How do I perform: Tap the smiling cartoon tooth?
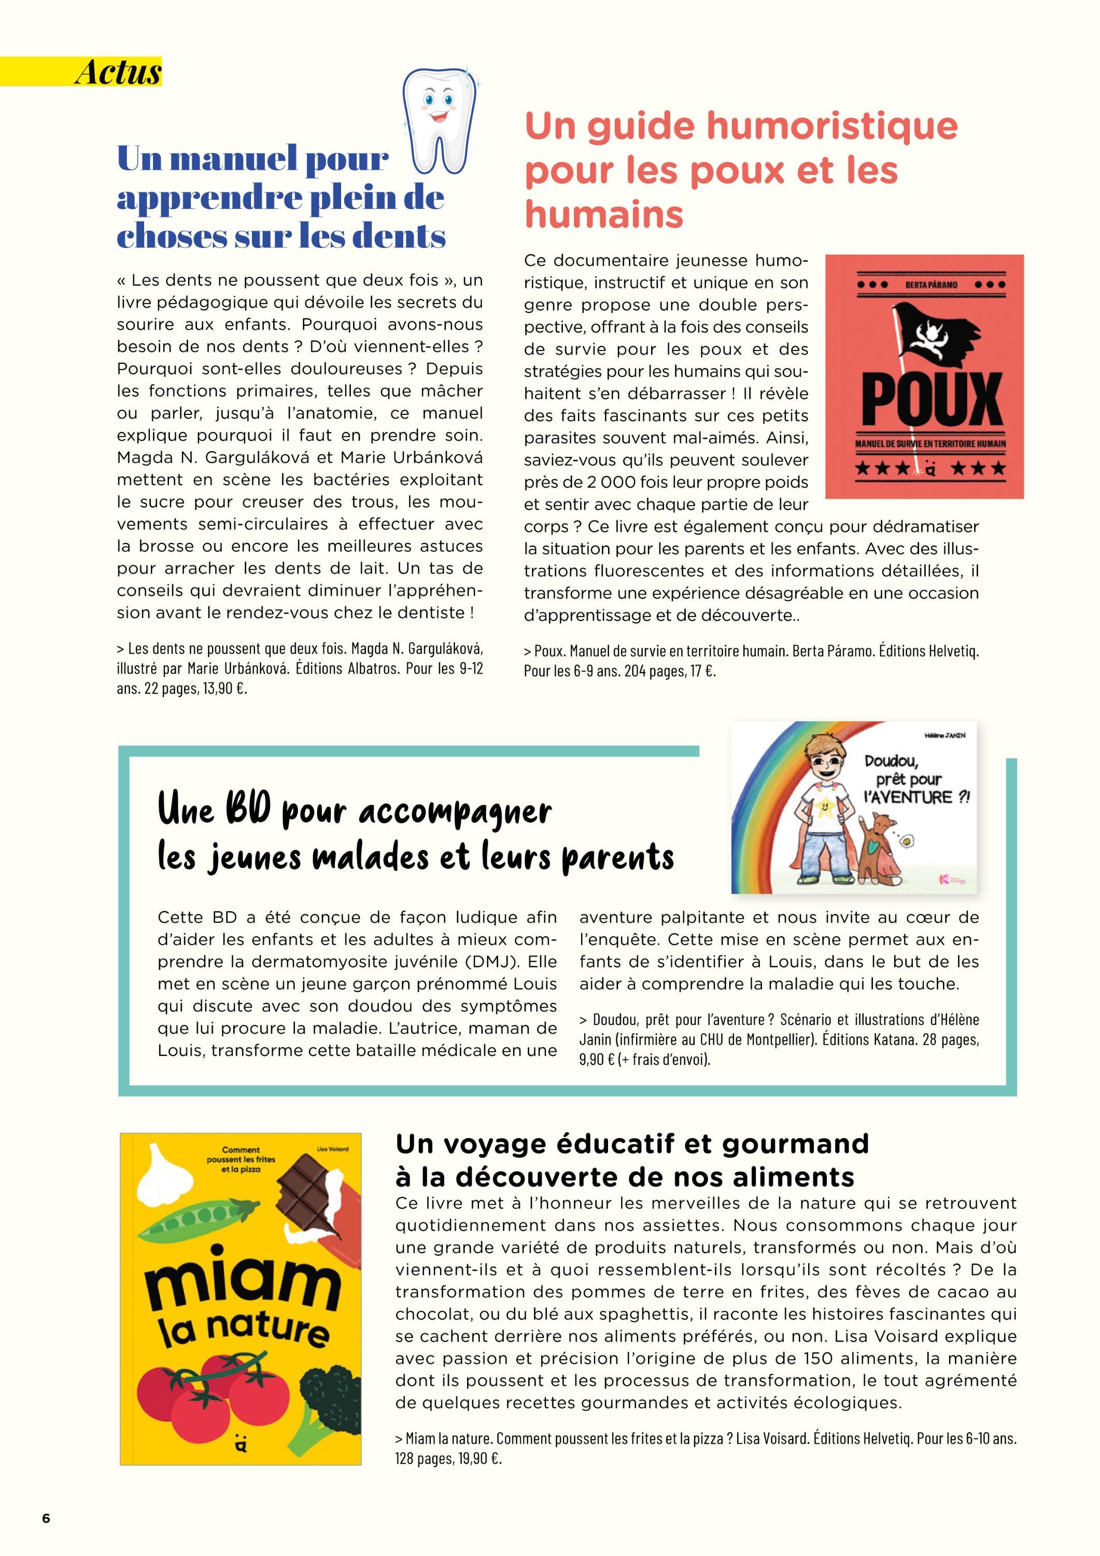coord(439,119)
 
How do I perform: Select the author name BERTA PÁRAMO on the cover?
coord(932,285)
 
